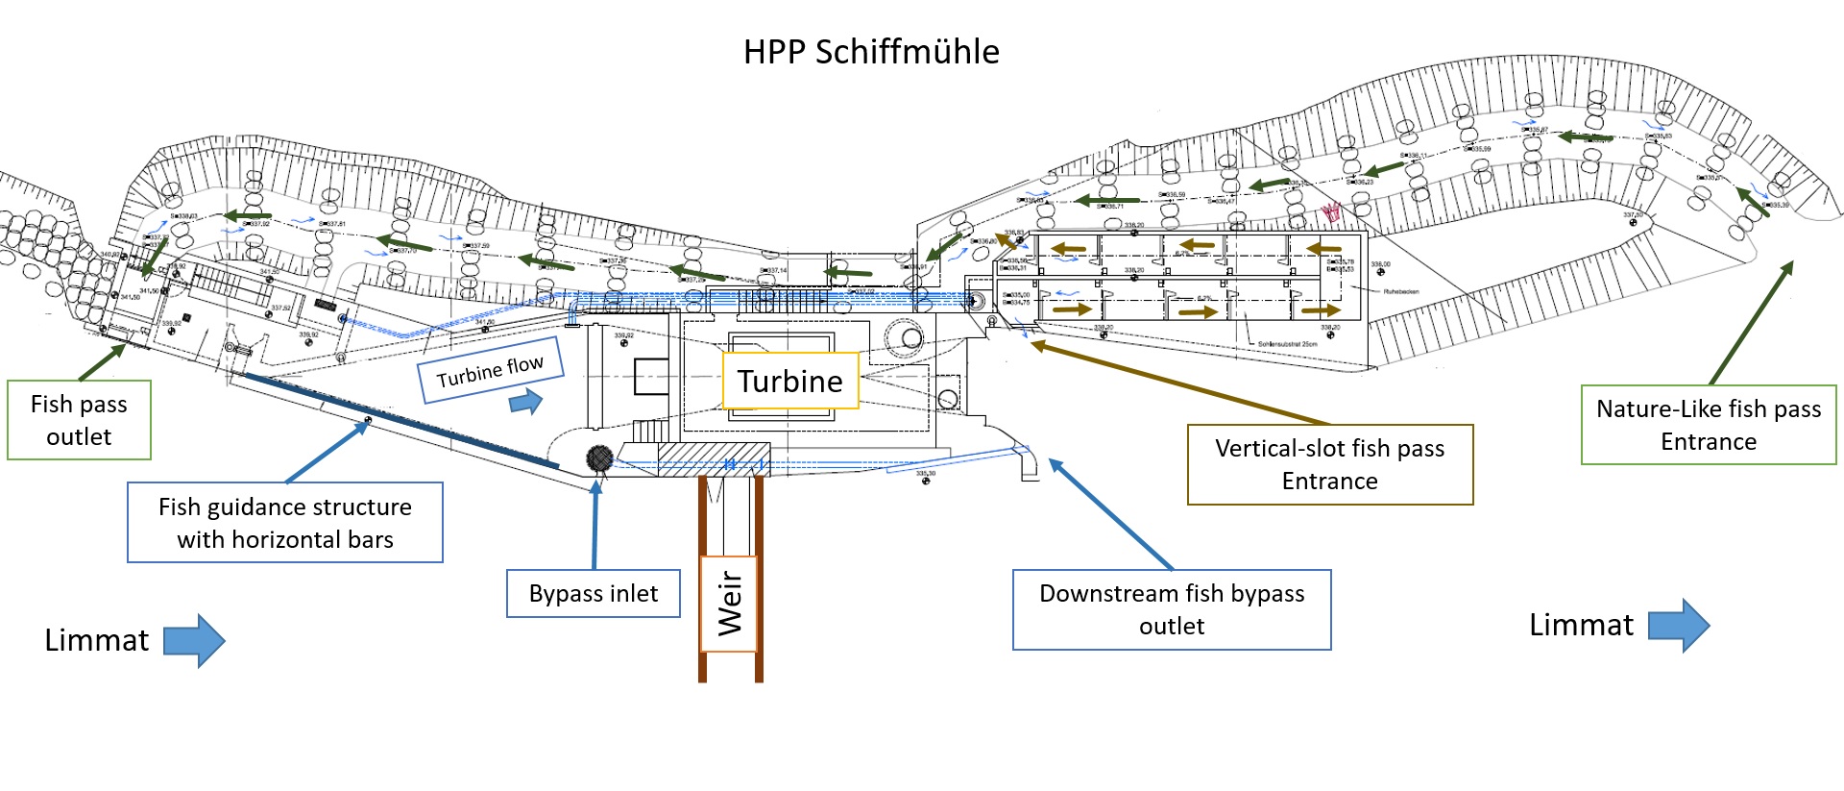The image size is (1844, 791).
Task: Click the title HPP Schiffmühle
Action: point(871,52)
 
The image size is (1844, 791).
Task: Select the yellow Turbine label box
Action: point(789,382)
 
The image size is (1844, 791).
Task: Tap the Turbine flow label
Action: point(490,370)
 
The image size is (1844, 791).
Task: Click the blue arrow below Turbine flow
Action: point(525,401)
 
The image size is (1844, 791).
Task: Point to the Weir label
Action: point(730,604)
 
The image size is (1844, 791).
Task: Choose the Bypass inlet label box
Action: point(594,594)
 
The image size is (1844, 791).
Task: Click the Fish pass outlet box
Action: point(79,420)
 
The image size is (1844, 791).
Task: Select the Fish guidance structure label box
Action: point(285,523)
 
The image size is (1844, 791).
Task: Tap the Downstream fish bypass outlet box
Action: point(1172,609)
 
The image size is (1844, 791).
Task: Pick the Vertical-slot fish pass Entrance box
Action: point(1329,464)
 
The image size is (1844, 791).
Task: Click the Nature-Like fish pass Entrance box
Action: point(1709,425)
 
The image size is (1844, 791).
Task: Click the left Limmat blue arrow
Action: point(194,640)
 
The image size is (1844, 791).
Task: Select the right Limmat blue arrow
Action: point(1679,626)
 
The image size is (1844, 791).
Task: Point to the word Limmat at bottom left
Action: point(96,640)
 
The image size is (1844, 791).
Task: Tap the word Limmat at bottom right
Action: point(1581,625)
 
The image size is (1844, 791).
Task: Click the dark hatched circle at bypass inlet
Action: point(599,458)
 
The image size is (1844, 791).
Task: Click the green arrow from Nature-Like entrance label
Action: point(1752,323)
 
